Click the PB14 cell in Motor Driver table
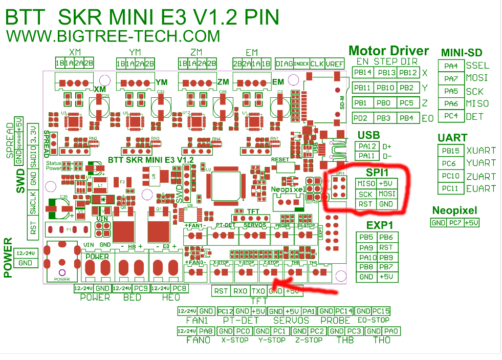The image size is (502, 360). tap(363, 73)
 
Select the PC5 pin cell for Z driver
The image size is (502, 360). tap(407, 102)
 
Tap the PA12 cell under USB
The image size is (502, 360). tap(367, 146)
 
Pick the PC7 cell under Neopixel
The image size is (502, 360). tap(455, 223)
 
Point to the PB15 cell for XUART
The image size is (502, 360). tap(450, 151)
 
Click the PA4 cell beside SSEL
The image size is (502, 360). tap(451, 66)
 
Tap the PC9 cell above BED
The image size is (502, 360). tap(142, 288)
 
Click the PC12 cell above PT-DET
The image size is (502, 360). tap(225, 311)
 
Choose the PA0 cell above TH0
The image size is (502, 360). tap(391, 331)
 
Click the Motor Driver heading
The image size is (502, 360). tap(388, 51)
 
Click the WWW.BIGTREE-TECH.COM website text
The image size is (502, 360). tap(113, 36)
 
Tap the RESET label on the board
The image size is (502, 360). tap(280, 159)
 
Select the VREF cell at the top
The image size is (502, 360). tap(334, 63)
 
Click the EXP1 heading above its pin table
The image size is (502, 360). tap(379, 225)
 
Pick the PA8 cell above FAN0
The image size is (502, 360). tap(205, 331)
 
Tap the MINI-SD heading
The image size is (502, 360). tap(461, 53)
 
